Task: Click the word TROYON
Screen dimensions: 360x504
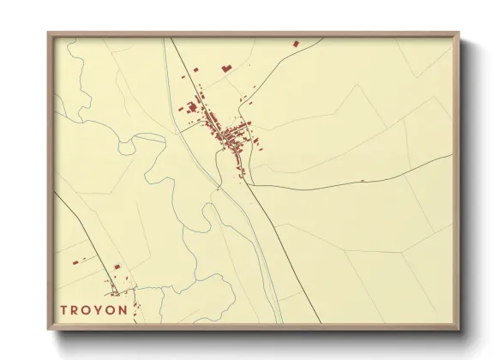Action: click(x=94, y=309)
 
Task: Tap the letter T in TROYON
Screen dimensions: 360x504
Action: click(x=64, y=309)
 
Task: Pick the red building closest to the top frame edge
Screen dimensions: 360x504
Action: click(x=296, y=43)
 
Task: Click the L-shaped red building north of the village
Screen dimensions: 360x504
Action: click(x=226, y=66)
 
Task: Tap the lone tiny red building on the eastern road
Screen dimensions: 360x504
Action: click(x=363, y=180)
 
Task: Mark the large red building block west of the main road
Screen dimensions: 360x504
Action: click(x=191, y=106)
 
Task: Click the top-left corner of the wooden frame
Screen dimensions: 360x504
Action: click(x=48, y=33)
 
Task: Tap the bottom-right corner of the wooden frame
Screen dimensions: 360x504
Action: click(x=459, y=329)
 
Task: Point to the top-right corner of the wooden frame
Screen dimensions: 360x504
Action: click(x=459, y=33)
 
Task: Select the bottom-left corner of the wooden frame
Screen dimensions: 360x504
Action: click(x=48, y=329)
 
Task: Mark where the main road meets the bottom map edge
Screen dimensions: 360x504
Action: click(x=321, y=323)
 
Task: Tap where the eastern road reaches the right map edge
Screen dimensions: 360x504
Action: click(x=453, y=155)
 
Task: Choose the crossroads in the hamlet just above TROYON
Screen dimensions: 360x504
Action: click(x=114, y=291)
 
